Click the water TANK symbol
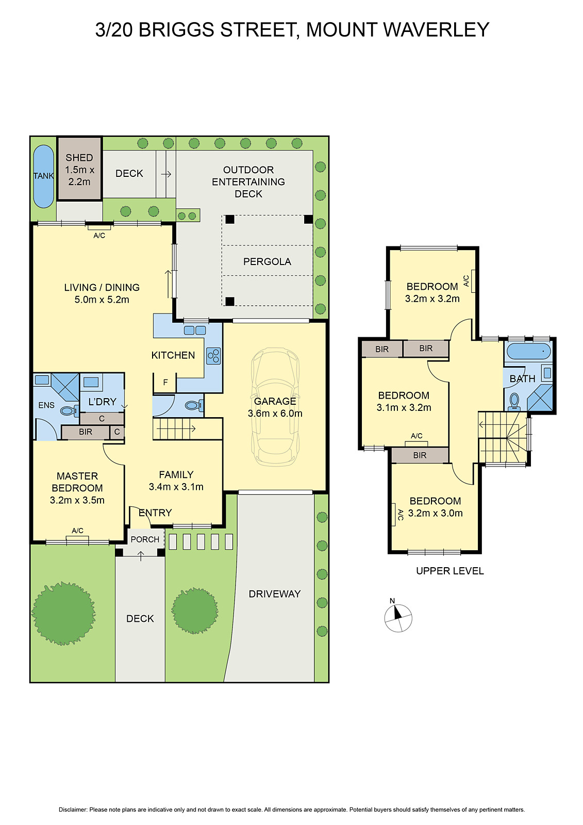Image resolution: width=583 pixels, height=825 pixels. [43, 176]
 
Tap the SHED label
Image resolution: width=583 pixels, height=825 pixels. [79, 158]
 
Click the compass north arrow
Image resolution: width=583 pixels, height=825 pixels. [397, 613]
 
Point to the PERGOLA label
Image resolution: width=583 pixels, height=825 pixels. [267, 262]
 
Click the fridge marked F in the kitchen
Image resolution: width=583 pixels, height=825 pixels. [165, 383]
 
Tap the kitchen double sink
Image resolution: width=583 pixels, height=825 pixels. [195, 330]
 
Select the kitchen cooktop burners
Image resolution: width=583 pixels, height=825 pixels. [213, 355]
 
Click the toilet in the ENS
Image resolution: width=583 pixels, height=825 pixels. [68, 411]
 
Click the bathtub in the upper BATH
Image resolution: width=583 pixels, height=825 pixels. [528, 351]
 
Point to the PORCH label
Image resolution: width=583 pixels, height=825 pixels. [145, 539]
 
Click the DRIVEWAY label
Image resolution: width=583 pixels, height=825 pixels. [274, 594]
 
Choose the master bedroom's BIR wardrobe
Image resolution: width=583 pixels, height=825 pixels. [86, 432]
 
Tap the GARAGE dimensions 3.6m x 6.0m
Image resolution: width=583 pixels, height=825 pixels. [275, 414]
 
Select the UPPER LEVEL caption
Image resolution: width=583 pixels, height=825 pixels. [449, 571]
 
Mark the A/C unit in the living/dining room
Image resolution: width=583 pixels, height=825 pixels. [99, 227]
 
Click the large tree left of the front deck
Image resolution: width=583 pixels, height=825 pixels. [63, 614]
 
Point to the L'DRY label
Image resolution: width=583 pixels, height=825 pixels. [102, 402]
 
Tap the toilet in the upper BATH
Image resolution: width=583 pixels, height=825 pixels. [514, 401]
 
